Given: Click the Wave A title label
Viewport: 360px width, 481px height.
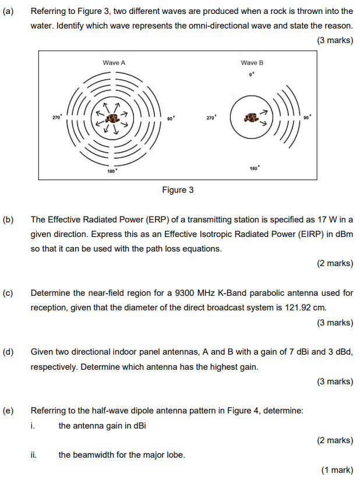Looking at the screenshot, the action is point(114,63).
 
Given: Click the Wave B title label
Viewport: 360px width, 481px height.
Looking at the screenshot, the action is point(252,63).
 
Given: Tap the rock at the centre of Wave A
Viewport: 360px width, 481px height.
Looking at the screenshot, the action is point(112,119).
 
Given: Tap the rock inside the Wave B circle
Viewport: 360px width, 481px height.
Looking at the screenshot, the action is point(251,118).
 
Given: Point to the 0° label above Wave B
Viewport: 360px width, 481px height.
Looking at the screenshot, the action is point(252,75).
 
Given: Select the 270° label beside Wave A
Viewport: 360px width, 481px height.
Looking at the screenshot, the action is point(57,117).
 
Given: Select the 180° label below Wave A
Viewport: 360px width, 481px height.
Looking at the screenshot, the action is point(112,171).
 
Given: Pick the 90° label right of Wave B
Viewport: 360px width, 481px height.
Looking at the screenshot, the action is point(307,118).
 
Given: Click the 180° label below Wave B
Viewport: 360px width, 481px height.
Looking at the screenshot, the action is point(255,168).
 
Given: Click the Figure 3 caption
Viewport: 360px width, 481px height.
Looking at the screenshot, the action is point(178,190).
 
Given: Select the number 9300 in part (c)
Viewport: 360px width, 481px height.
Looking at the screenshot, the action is point(185,293).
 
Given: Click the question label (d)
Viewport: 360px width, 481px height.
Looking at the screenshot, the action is point(8,352).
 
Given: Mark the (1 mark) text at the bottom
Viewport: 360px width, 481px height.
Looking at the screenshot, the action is point(337,470).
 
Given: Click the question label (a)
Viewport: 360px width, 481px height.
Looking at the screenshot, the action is point(8,11).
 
